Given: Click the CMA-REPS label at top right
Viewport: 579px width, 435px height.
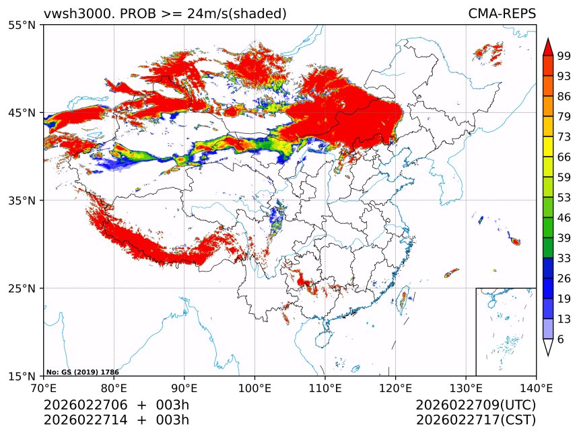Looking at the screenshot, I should [502, 14].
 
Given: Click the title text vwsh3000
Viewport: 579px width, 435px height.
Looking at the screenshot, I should [74, 14].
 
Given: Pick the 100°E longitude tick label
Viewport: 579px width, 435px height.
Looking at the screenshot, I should [254, 388].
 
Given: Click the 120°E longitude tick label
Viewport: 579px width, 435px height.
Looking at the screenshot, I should [395, 388].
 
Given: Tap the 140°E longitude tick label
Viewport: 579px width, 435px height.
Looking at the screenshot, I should [536, 388].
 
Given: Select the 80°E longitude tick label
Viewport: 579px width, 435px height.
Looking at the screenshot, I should [114, 388].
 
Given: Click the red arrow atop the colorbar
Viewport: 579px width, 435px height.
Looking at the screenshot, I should [548, 47].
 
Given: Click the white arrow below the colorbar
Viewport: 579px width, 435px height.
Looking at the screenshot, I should [548, 347].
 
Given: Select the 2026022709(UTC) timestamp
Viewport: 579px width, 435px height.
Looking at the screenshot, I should [475, 405].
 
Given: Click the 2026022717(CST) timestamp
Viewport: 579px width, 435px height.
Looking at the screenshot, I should [475, 421].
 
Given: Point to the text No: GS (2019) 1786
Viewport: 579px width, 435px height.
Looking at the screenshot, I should [83, 372].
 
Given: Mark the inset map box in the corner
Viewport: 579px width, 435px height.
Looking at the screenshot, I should [506, 331].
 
